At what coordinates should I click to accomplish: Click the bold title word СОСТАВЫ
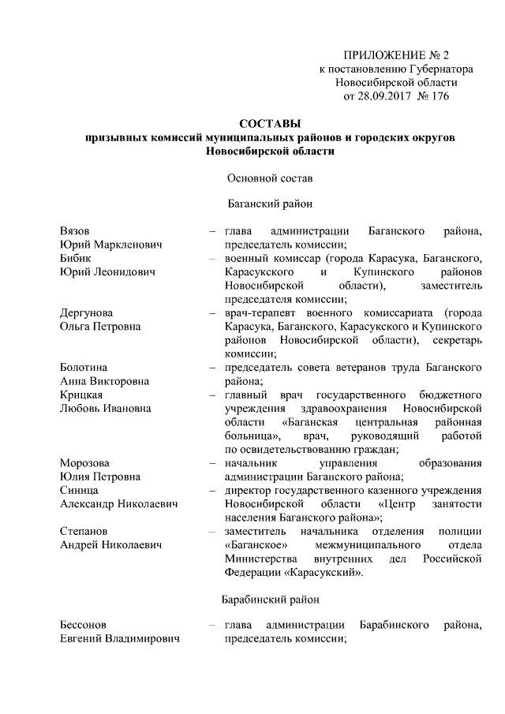(270, 124)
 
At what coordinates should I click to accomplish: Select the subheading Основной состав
(270, 177)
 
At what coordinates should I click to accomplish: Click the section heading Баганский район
(270, 204)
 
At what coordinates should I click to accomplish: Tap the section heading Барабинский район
(270, 600)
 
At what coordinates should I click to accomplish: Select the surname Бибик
(76, 258)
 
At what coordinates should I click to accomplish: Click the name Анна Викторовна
(104, 381)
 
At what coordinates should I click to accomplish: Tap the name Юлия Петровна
(100, 476)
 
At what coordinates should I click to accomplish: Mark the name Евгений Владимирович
(120, 640)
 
